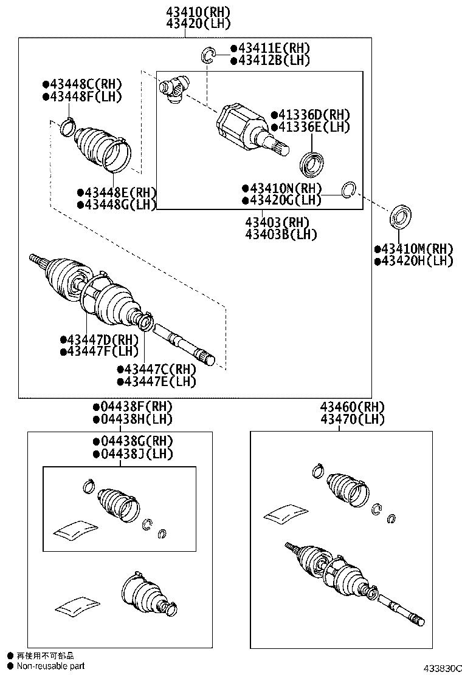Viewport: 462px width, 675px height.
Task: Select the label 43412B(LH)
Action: coord(265,60)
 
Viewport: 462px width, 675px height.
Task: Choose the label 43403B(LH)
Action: coord(281,234)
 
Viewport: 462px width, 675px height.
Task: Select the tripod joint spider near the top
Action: coord(174,89)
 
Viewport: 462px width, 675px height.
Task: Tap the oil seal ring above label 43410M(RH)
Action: coord(401,217)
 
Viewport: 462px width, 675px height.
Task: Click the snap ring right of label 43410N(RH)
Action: coord(348,189)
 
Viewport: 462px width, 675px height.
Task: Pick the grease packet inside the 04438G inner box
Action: coord(75,529)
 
